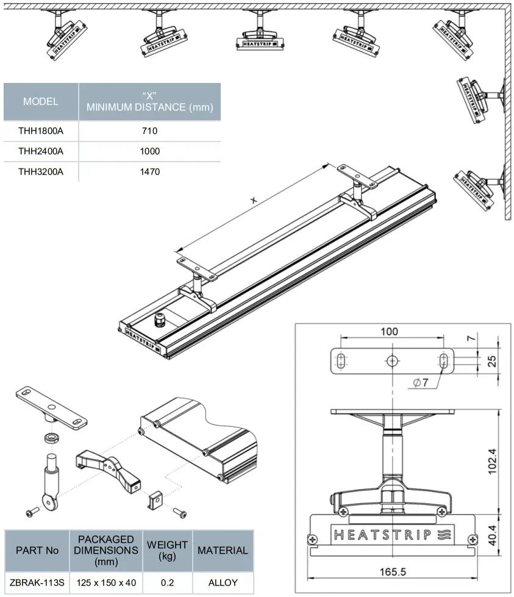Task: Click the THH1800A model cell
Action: (41, 130)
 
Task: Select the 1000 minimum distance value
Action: (149, 151)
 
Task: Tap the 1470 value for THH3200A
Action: (149, 172)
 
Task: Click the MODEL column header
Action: (41, 101)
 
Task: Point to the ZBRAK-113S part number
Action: (37, 582)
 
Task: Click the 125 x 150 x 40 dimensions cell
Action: (106, 582)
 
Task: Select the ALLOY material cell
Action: (223, 582)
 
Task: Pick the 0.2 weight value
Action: (167, 582)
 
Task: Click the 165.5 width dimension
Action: (393, 571)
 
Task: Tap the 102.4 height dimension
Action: (491, 462)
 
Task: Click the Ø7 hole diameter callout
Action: (421, 383)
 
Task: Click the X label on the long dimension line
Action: (254, 200)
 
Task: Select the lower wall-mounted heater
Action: (478, 183)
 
